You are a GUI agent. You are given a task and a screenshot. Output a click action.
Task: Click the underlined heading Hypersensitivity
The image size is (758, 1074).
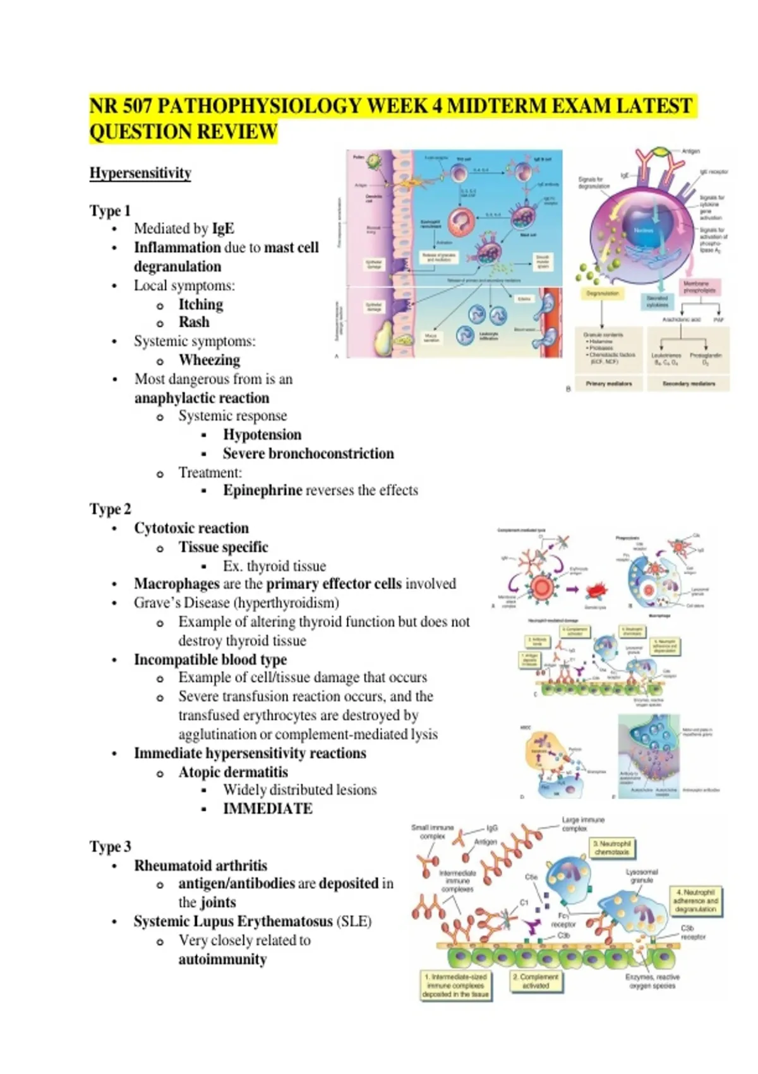pyautogui.click(x=140, y=173)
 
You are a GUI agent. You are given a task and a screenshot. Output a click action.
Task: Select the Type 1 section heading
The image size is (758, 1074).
pyautogui.click(x=110, y=210)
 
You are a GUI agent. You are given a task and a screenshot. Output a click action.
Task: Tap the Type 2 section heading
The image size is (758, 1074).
pyautogui.click(x=111, y=509)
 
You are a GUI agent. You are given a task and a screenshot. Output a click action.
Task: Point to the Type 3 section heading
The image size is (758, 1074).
pyautogui.click(x=111, y=847)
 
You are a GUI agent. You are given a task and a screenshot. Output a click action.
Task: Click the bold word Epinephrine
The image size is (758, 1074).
pyautogui.click(x=262, y=490)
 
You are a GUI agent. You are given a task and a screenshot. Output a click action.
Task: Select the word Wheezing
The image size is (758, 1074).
pyautogui.click(x=209, y=360)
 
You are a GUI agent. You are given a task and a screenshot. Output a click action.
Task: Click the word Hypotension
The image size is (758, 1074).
pyautogui.click(x=262, y=435)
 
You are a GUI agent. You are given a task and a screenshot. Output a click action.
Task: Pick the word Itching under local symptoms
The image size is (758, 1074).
pyautogui.click(x=201, y=305)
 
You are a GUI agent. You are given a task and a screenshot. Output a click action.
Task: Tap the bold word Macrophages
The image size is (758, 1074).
pyautogui.click(x=176, y=584)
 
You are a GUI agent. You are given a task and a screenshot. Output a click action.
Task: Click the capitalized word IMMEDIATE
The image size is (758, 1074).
pyautogui.click(x=268, y=809)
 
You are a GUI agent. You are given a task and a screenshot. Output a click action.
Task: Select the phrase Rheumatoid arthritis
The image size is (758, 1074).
pyautogui.click(x=200, y=866)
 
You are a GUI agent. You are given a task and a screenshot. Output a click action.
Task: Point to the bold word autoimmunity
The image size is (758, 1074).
pyautogui.click(x=222, y=960)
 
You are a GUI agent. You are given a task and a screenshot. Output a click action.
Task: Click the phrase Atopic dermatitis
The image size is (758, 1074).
pyautogui.click(x=233, y=772)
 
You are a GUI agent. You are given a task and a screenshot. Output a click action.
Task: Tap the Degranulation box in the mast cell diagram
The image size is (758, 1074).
pyautogui.click(x=603, y=294)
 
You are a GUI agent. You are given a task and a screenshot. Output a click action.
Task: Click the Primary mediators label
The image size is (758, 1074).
pyautogui.click(x=608, y=383)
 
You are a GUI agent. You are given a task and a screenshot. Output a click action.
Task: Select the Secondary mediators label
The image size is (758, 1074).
pyautogui.click(x=689, y=383)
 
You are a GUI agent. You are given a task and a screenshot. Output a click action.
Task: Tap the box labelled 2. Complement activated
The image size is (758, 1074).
pyautogui.click(x=536, y=980)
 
